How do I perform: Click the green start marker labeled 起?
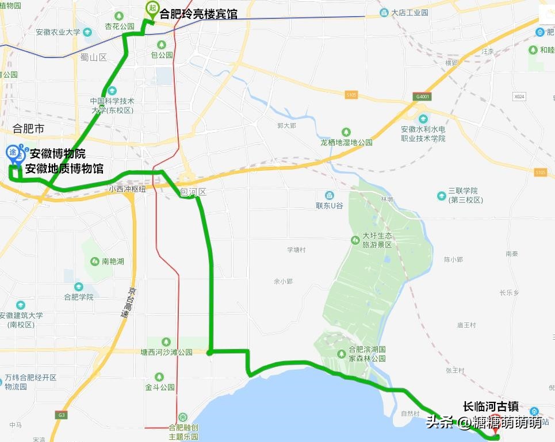pyautogui.click(x=152, y=8)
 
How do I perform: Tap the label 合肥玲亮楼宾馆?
pyautogui.click(x=198, y=13)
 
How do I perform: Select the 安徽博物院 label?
pyautogui.click(x=58, y=154)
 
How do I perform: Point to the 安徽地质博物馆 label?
pyautogui.click(x=64, y=168)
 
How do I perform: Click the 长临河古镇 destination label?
pyautogui.click(x=491, y=407)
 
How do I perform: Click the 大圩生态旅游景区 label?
pyautogui.click(x=377, y=240)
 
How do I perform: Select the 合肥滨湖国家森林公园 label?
pyautogui.click(x=367, y=353)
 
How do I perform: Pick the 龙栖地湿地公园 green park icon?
pyautogui.click(x=346, y=132)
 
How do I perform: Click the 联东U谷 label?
pyautogui.click(x=330, y=205)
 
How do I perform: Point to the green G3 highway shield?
pyautogui.click(x=61, y=414)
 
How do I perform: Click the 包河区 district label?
pyautogui.click(x=193, y=192)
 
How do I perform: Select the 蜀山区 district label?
pyautogui.click(x=94, y=57)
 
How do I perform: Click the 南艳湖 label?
pyautogui.click(x=113, y=262)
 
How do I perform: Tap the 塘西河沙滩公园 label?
pyautogui.click(x=167, y=352)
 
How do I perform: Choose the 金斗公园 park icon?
pyautogui.click(x=159, y=377)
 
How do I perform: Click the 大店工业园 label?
pyautogui.click(x=409, y=13)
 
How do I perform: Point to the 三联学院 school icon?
pyautogui.click(x=442, y=195)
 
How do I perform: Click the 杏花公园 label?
pyautogui.click(x=120, y=26)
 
